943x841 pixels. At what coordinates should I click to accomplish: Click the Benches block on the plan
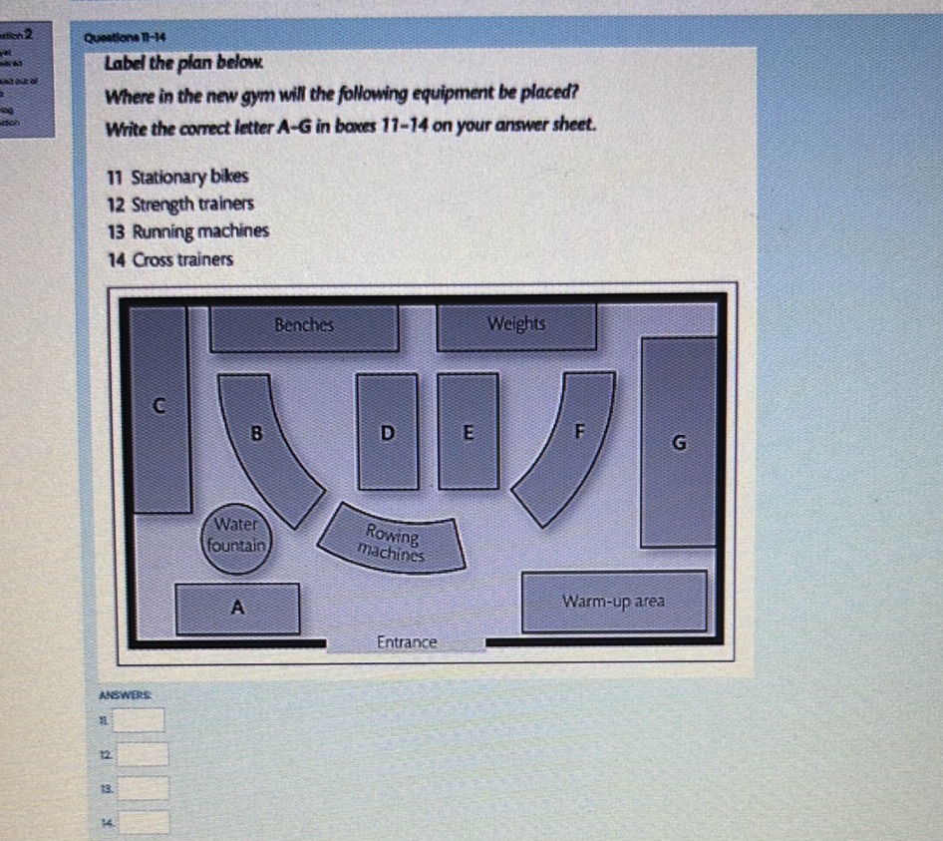coord(304,326)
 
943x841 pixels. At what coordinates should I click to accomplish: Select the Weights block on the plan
coord(516,325)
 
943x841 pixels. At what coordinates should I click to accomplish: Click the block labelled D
coord(388,432)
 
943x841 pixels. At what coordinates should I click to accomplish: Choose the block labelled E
coord(469,432)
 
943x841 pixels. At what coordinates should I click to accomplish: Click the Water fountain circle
coord(236,536)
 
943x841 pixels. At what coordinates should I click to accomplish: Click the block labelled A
coord(237,608)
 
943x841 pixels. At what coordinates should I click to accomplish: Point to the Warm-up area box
coord(613,602)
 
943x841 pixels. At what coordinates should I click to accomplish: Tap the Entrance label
coord(407,643)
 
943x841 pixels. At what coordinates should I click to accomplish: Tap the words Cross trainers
coord(182,259)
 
